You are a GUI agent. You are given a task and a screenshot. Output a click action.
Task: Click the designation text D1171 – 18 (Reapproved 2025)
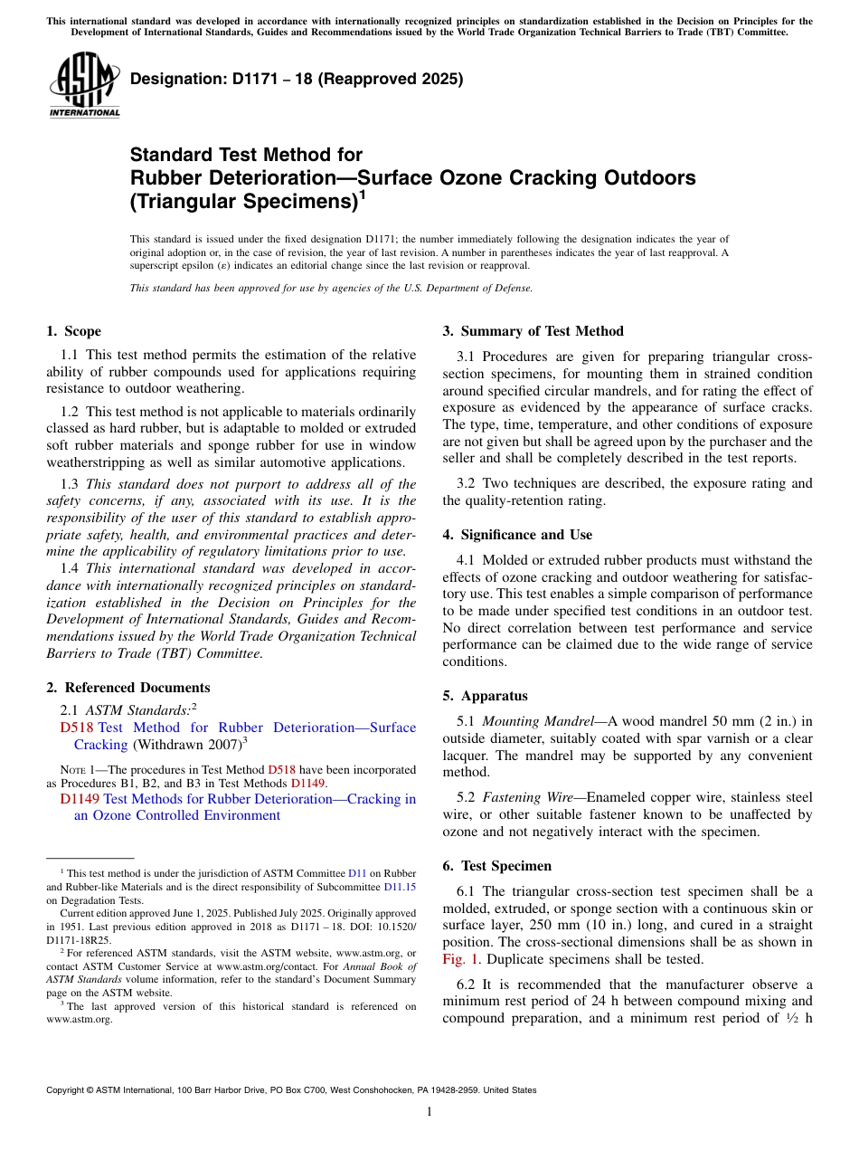coord(297,79)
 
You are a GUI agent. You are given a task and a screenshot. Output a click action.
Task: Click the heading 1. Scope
coord(73,331)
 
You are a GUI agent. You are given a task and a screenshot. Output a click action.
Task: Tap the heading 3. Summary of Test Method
coord(533,331)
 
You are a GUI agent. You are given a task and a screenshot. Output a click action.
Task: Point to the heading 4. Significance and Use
coord(517,535)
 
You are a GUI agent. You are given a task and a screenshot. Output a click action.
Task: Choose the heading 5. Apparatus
coord(485,696)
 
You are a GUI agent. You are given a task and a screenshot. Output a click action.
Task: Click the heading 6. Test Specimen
coord(497,866)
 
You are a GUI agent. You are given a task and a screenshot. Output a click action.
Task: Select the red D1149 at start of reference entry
coord(80,799)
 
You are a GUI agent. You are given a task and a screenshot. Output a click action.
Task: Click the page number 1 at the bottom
coord(429,1112)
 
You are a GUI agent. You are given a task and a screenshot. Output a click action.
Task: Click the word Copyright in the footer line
coord(69,1090)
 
